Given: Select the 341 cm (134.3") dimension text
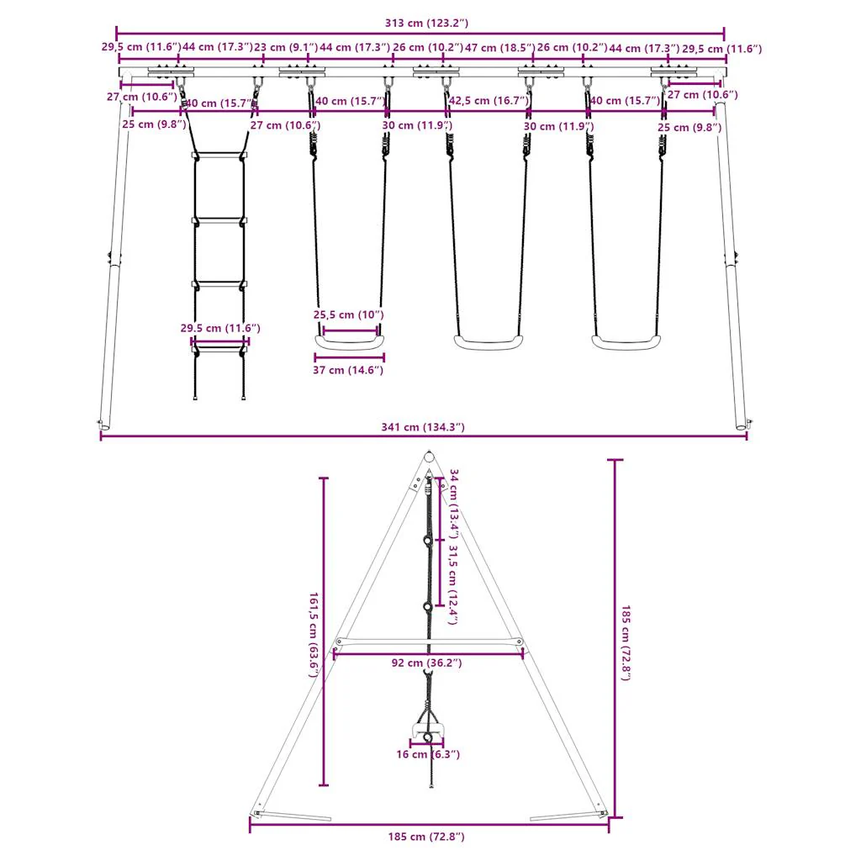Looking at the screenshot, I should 423,427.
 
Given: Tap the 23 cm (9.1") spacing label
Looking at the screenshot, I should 286,48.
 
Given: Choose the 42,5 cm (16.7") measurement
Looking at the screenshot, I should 489,101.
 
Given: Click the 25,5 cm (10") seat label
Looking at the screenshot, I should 349,314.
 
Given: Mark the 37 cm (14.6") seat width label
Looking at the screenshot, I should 349,370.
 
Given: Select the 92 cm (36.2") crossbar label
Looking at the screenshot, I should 427,663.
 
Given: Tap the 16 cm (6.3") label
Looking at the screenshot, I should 428,754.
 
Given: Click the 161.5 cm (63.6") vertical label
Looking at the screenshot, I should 313,631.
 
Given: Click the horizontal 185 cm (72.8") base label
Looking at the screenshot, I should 427,837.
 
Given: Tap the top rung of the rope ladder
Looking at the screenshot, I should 219,155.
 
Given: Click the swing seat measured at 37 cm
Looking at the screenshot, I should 349,342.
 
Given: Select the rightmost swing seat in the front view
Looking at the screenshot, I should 626,342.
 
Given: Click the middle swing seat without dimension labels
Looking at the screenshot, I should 488,342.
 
